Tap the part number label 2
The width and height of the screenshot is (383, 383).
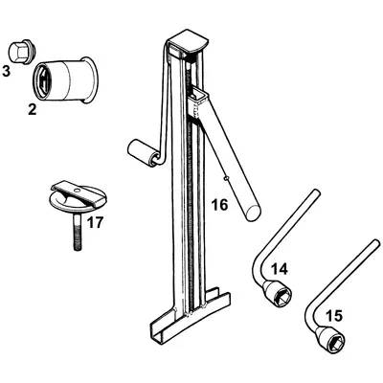click(x=32, y=109)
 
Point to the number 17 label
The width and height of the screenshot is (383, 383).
click(x=95, y=224)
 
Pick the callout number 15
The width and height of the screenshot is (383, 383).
click(x=333, y=314)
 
